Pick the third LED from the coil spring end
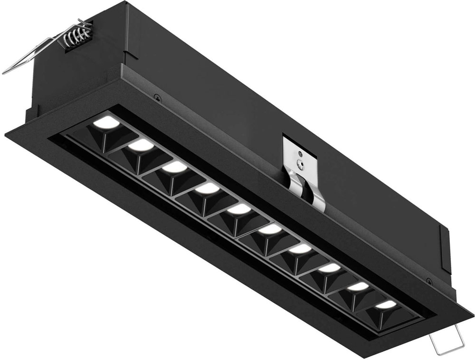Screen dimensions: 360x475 (172, 167)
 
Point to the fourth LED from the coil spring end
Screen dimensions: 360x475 (205, 189)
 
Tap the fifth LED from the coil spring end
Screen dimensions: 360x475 (237, 209)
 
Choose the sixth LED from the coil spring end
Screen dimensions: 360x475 (270, 230)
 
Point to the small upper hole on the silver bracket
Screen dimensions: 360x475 (300, 154)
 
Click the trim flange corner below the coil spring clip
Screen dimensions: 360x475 (9, 133)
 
